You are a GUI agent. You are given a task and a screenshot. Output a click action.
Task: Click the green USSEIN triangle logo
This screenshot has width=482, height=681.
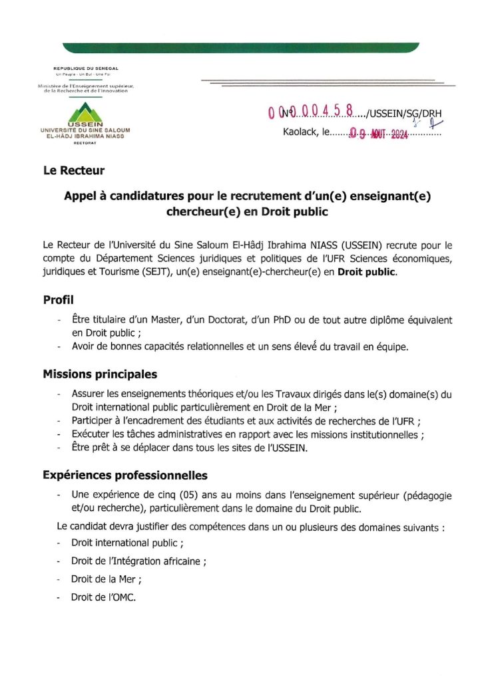[84, 110]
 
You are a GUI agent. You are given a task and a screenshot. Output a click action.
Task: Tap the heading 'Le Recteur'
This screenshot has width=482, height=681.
[74, 171]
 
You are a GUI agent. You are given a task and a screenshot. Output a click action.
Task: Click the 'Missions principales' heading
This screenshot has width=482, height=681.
[100, 374]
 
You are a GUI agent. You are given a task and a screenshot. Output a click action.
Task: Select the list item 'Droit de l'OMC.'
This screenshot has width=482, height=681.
[103, 597]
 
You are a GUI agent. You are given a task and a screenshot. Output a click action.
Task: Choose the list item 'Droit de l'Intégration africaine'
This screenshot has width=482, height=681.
[138, 561]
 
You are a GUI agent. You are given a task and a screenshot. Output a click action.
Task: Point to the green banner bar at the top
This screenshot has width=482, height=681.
[240, 47]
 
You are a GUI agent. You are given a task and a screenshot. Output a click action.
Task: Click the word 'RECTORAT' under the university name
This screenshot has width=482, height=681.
[85, 142]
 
